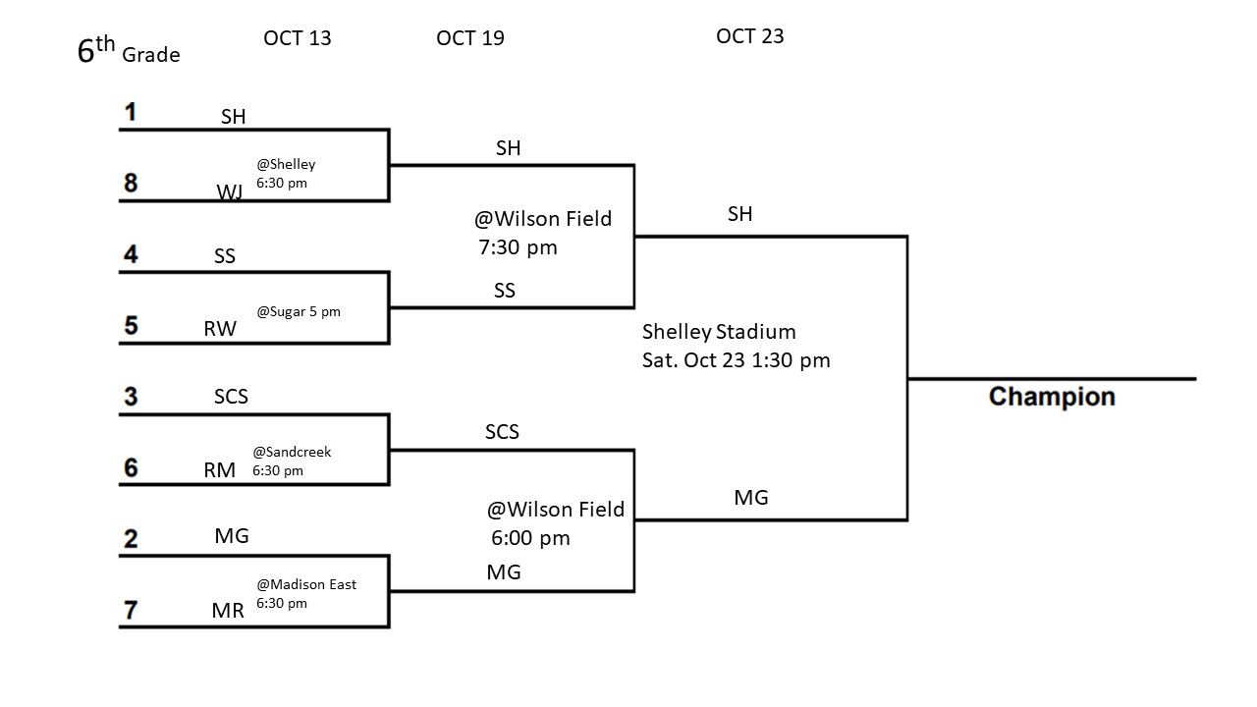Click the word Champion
point(1052,397)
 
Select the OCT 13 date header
point(298,38)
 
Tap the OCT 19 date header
point(470,38)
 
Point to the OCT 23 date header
point(750,36)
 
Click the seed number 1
point(130,113)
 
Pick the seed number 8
point(131,184)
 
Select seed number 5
point(131,326)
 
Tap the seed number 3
point(131,397)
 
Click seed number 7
point(131,610)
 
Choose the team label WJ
point(230,191)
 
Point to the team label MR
point(228,611)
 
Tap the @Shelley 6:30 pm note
point(286,173)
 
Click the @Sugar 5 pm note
point(299,312)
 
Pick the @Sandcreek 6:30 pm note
point(292,462)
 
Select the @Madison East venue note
point(306,584)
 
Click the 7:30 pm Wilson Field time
point(518,247)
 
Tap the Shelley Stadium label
point(719,332)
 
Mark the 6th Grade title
point(129,51)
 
